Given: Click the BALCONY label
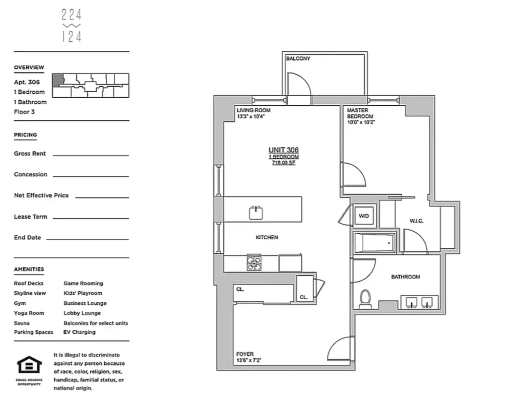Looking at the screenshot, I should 298,59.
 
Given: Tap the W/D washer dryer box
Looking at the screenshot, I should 364,216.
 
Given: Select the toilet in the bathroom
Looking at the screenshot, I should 365,298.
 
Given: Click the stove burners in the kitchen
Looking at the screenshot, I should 254,263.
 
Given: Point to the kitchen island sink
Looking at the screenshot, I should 257,213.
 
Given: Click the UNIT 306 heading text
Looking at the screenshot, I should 283,150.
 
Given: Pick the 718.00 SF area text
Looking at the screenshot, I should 283,163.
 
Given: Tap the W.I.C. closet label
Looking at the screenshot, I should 416,220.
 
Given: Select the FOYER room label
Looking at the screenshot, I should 245,354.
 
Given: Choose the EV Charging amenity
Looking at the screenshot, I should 80,332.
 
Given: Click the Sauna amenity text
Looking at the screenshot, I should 22,323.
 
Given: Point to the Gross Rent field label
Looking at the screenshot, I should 30,154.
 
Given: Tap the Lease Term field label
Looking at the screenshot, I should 30,217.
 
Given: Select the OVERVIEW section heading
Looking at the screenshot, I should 29,68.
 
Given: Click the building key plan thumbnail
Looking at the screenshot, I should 91,86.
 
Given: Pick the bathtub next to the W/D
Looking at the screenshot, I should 374,243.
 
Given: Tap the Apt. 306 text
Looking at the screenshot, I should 27,82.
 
